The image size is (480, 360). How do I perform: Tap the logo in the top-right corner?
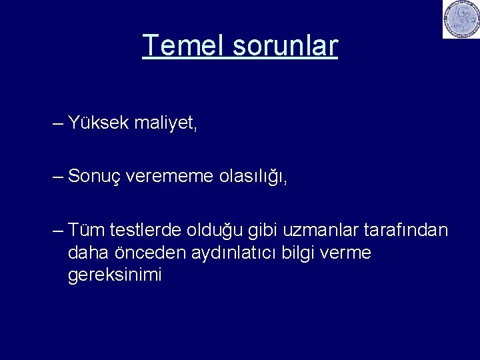point(461,19)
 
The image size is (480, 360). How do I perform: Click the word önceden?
point(146,253)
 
